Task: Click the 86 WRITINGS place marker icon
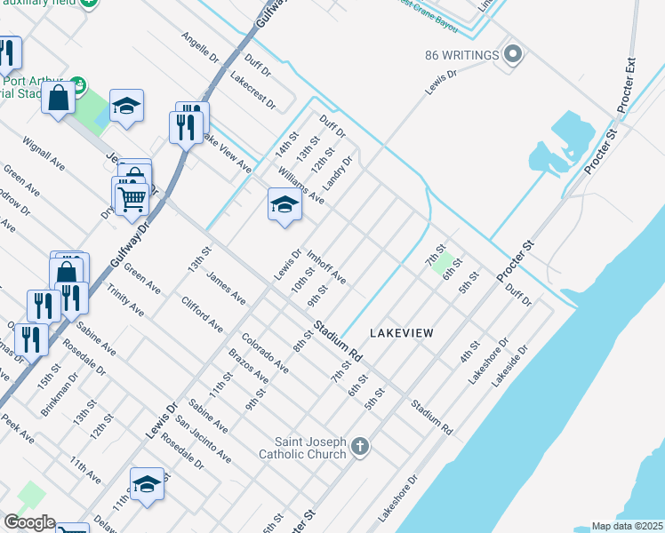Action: (x=512, y=55)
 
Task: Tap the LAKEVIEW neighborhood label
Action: (x=402, y=333)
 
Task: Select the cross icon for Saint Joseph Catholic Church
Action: (x=360, y=445)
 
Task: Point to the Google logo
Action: (x=28, y=522)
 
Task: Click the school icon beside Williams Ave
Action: (x=284, y=205)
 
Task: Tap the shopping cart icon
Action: (x=132, y=200)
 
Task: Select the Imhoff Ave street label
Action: (x=326, y=267)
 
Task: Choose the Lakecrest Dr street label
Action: (x=252, y=91)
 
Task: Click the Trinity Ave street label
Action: (x=125, y=303)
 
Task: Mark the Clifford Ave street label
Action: (x=202, y=314)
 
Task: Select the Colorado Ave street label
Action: (x=265, y=353)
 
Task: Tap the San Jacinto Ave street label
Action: (x=204, y=440)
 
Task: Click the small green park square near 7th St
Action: (x=447, y=263)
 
